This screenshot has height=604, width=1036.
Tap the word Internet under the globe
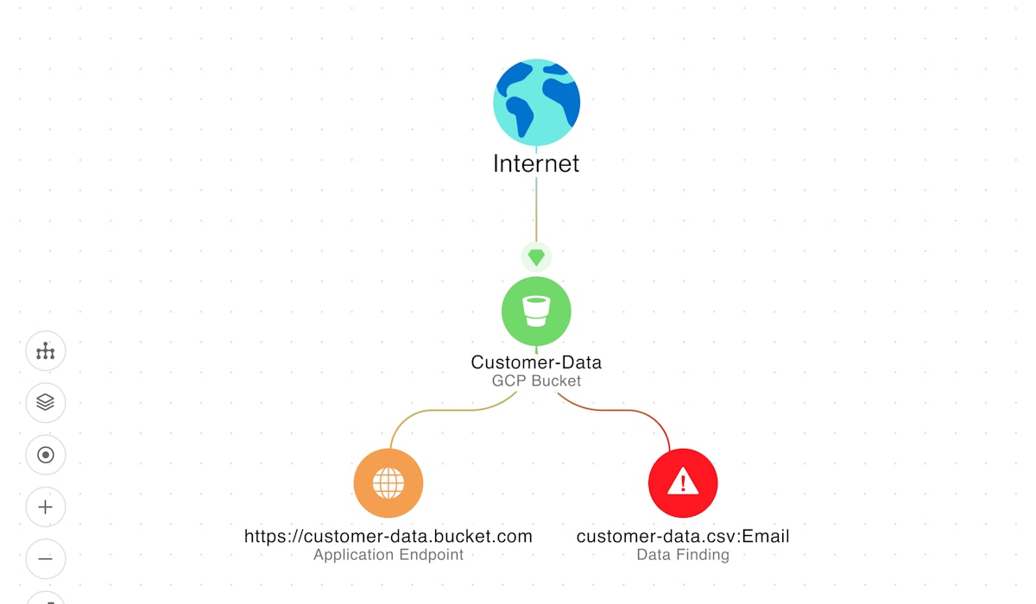[536, 163]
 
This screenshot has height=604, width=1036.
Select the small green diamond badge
[536, 257]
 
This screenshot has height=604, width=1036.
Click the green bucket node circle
[536, 311]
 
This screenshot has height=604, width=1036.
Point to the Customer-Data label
[536, 362]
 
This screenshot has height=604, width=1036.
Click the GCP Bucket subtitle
[536, 381]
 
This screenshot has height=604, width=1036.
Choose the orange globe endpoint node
[388, 483]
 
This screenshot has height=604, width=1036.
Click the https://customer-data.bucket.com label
[388, 536]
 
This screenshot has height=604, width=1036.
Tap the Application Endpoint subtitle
[388, 555]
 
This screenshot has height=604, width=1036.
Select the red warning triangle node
[683, 483]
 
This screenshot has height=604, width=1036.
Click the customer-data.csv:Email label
[683, 536]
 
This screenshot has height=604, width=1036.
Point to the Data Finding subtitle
[683, 555]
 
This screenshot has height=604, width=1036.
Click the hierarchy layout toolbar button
[46, 351]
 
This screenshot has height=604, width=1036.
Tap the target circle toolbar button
[46, 455]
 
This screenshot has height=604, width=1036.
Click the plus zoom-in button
[46, 506]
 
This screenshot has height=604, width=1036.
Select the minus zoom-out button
[46, 559]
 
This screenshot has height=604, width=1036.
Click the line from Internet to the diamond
[536, 211]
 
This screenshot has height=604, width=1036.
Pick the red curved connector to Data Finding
[635, 412]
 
